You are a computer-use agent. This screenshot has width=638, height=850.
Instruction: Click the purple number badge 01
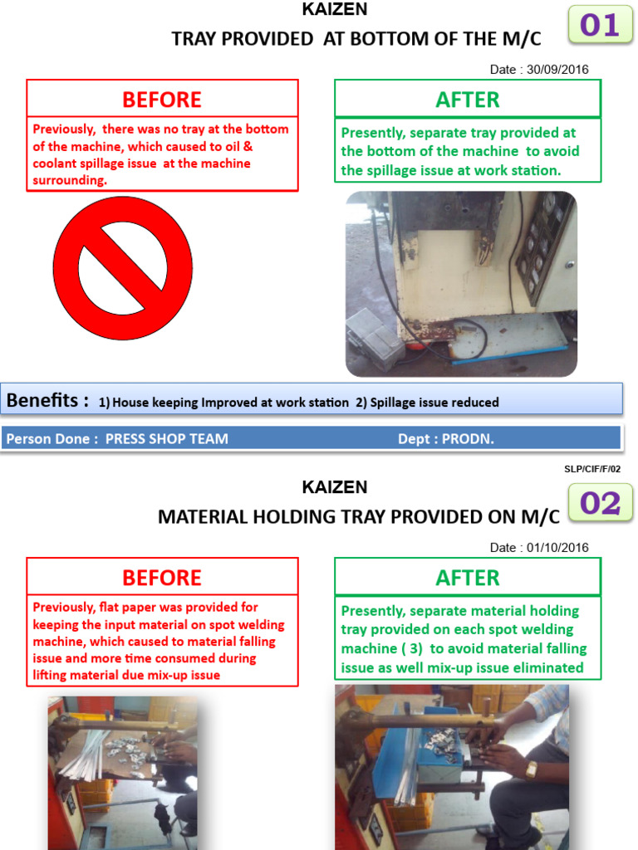(600, 26)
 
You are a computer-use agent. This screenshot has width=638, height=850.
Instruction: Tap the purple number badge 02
(600, 504)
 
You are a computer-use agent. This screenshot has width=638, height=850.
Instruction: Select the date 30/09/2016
(556, 70)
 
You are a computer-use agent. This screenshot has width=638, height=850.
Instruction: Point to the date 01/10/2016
(556, 548)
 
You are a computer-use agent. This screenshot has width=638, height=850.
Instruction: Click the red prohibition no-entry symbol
(122, 267)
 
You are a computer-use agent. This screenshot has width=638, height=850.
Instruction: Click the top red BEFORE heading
(162, 100)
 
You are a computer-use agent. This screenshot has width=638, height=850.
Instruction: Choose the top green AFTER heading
(468, 100)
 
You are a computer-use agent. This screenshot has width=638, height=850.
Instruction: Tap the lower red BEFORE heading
(162, 578)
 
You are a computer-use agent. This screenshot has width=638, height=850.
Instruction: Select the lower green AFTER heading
(468, 578)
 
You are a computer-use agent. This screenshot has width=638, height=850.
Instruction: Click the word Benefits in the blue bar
(48, 401)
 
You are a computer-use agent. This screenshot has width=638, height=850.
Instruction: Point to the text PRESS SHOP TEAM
(166, 439)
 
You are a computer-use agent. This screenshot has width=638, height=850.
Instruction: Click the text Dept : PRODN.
(446, 439)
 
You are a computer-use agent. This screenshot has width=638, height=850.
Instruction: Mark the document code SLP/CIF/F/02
(591, 469)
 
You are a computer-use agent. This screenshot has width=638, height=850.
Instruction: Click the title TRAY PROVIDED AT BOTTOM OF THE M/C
(356, 39)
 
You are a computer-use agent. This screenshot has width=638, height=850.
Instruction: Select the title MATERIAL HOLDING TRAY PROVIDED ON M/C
(359, 517)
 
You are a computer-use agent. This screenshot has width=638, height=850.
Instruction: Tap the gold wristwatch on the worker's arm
(531, 769)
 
